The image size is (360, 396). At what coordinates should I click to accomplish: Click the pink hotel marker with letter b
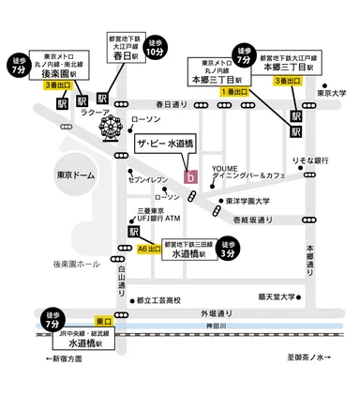tap(191, 176)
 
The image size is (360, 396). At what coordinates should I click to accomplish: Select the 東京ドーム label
tap(50, 174)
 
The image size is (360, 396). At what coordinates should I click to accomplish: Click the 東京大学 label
tap(333, 92)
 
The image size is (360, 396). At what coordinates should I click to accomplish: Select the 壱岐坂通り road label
tap(253, 220)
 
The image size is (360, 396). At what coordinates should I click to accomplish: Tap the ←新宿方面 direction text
tap(71, 358)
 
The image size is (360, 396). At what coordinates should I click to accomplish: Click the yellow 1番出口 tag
tap(233, 92)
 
